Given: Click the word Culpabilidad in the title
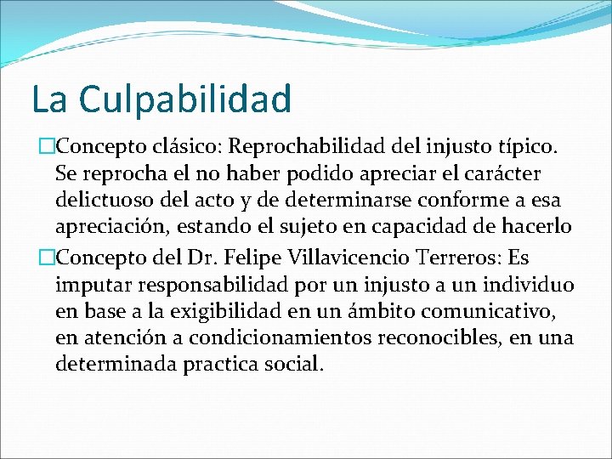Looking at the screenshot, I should (x=185, y=99).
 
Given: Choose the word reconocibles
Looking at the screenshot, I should (x=441, y=337).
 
